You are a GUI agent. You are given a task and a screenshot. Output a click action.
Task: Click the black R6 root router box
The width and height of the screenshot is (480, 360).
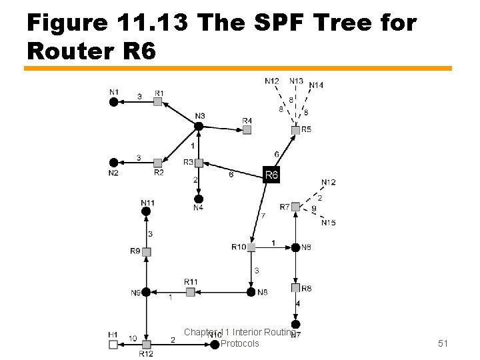(271, 175)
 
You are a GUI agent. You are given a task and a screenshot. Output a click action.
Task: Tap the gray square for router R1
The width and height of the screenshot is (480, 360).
(157, 101)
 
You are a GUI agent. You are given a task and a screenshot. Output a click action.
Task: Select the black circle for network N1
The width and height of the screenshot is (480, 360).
(114, 101)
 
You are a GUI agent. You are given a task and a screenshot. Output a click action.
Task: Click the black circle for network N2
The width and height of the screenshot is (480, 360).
(114, 163)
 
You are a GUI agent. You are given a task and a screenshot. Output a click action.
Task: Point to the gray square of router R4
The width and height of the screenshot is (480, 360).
(247, 130)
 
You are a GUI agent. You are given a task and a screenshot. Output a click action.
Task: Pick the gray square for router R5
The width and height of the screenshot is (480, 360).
(295, 130)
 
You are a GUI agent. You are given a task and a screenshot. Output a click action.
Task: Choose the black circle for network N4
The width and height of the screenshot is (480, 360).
(198, 199)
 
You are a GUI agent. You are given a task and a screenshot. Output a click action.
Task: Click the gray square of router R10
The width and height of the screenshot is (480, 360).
(251, 247)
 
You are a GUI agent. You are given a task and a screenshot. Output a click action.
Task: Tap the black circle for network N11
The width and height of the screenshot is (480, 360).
(147, 211)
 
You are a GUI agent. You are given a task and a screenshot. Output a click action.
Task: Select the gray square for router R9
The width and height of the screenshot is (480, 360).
(147, 252)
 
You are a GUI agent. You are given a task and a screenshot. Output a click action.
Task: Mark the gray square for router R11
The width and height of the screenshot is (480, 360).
(191, 291)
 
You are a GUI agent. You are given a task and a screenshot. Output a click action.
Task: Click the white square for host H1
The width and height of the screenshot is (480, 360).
(113, 344)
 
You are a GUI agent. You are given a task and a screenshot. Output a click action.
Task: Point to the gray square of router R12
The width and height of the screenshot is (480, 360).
(147, 344)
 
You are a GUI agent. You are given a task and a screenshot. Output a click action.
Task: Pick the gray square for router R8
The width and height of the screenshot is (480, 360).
(295, 288)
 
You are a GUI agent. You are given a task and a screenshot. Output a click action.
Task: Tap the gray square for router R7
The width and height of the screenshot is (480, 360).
(295, 207)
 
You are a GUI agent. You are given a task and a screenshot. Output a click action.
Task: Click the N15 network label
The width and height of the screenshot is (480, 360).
(328, 223)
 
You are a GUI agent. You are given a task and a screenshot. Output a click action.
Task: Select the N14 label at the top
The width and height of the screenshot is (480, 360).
(316, 85)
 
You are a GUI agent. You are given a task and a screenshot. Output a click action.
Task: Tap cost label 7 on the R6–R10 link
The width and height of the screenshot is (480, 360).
(263, 215)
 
